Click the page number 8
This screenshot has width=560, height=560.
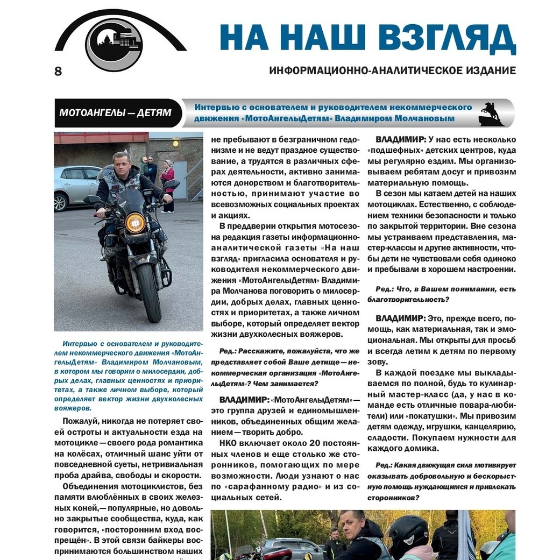(x=58, y=71)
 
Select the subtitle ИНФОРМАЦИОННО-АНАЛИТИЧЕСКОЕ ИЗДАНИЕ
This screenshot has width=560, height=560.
(x=392, y=70)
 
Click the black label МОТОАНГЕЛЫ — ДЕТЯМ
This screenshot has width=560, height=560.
(x=115, y=113)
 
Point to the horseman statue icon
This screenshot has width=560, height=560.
(x=491, y=114)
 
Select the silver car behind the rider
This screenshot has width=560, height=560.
(x=76, y=186)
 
